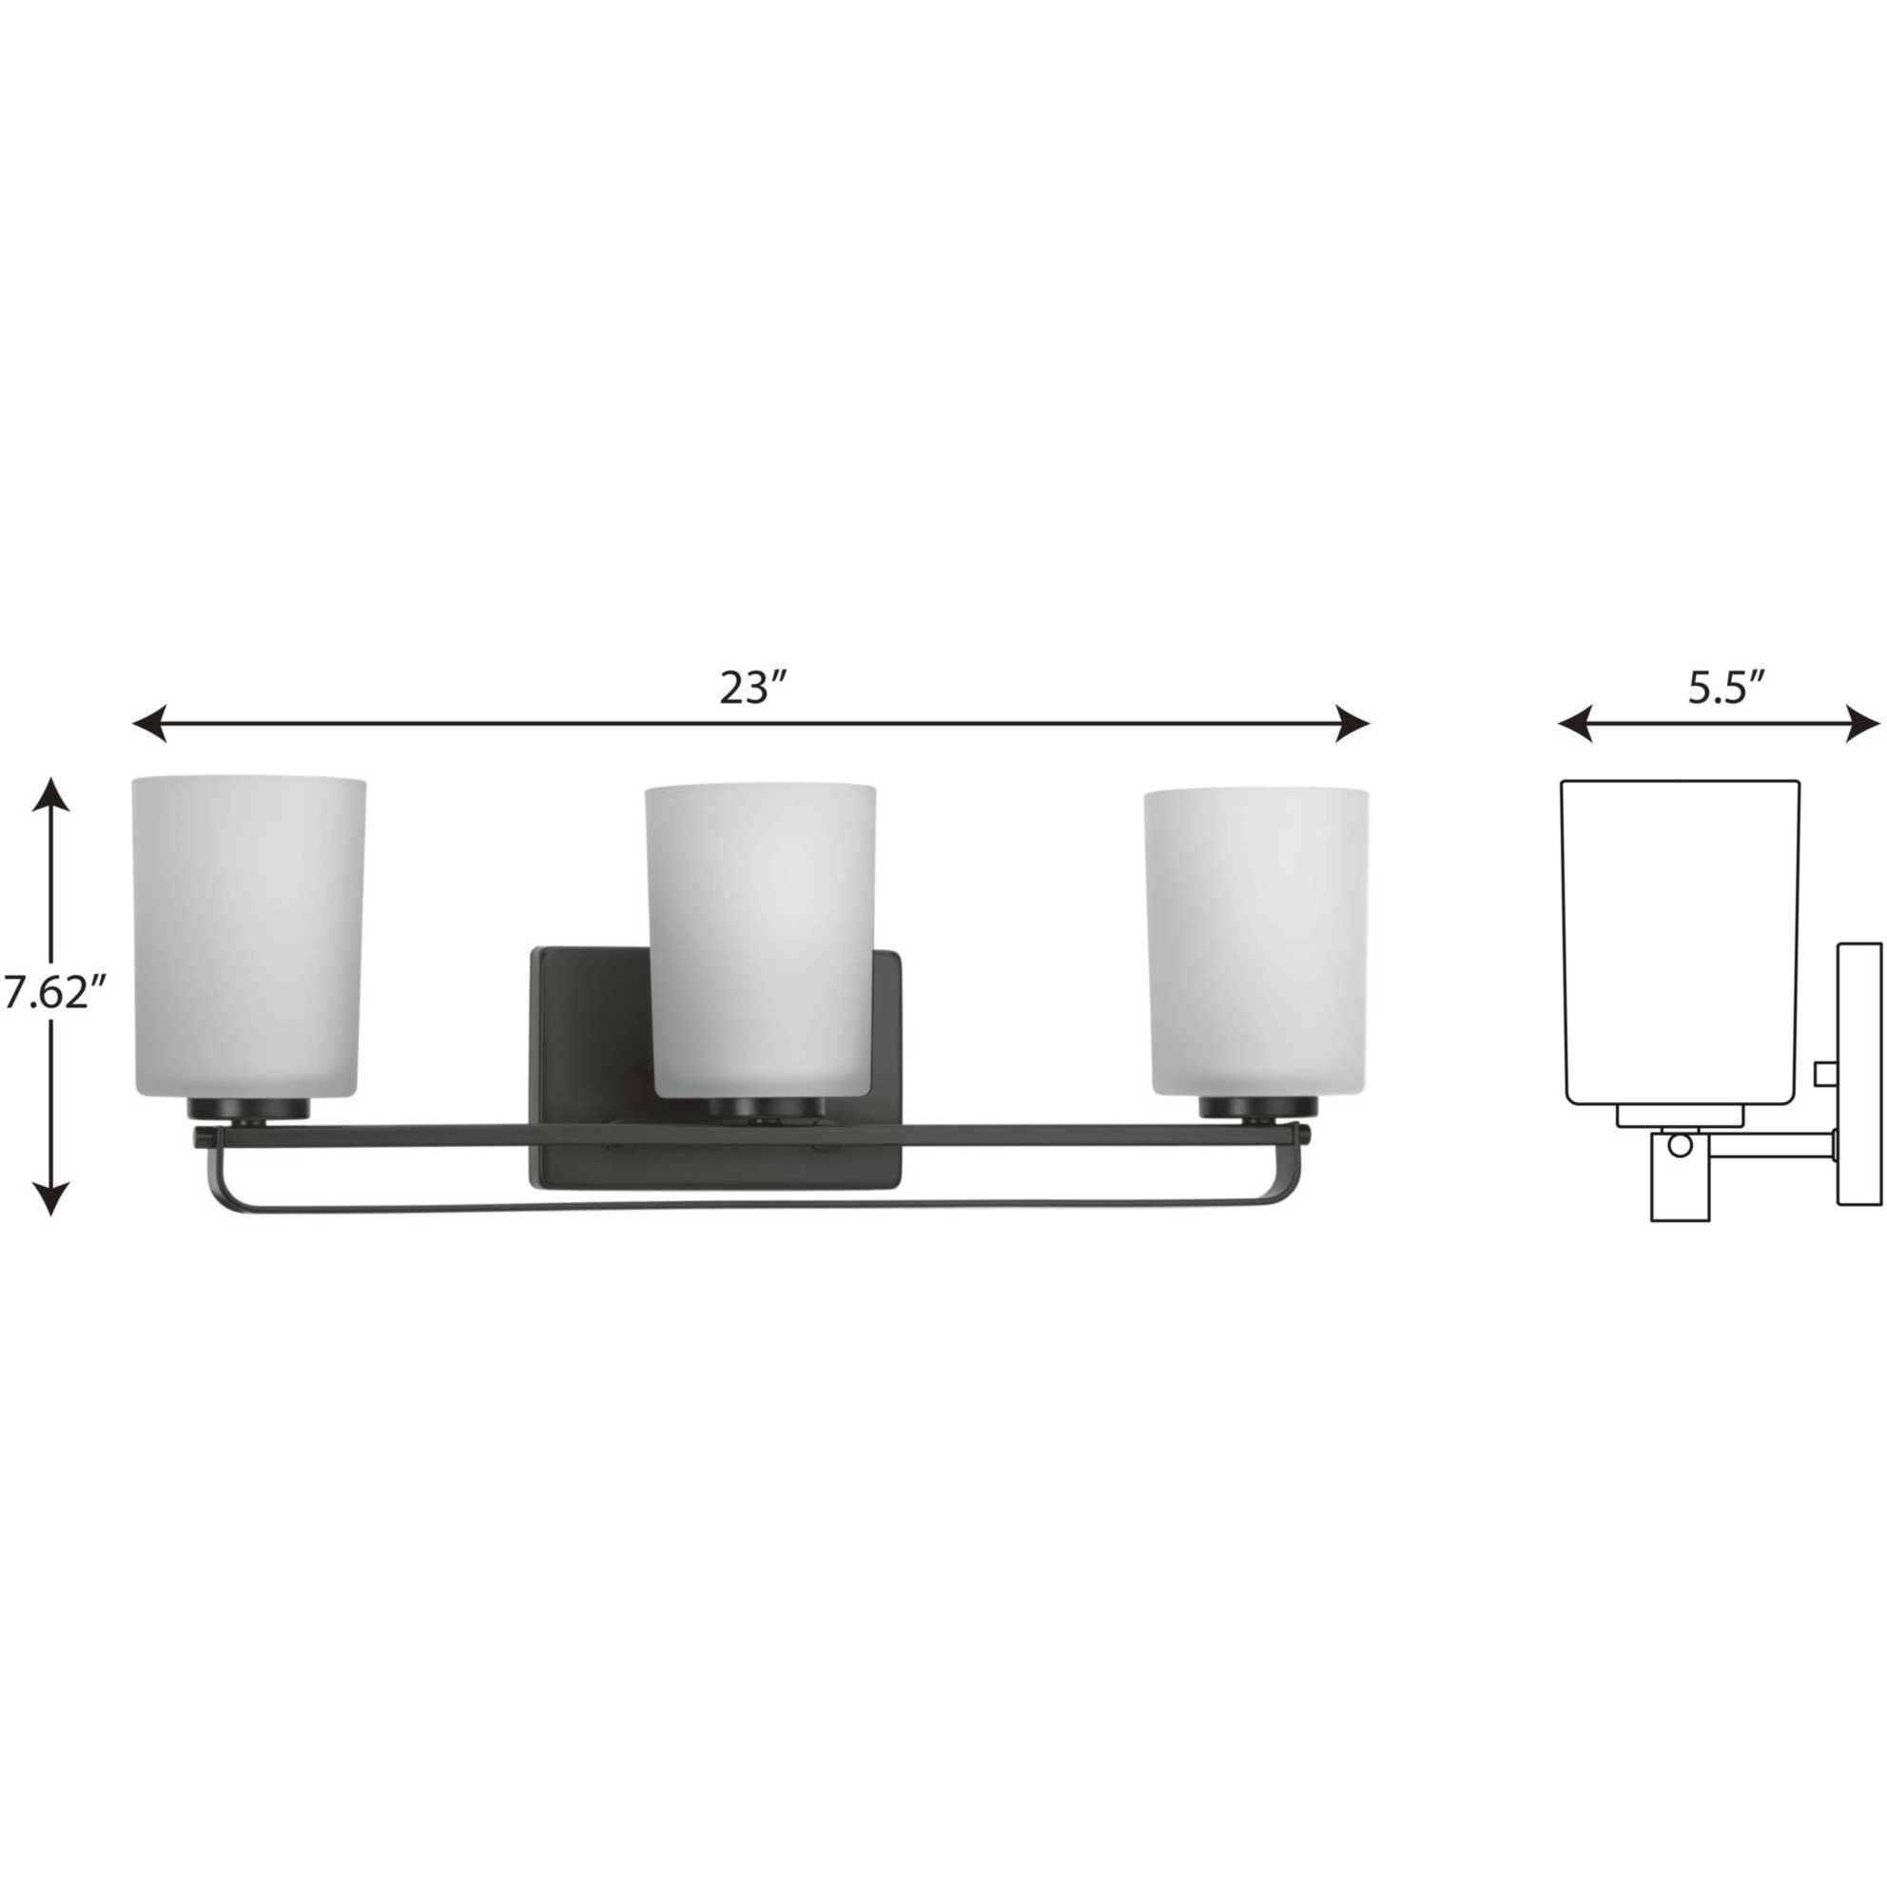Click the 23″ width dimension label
tap(753, 688)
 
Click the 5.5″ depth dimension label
tap(1726, 688)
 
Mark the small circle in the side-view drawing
tap(1679, 1145)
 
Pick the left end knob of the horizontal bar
tap(203, 1138)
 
